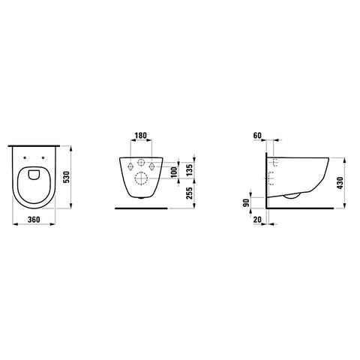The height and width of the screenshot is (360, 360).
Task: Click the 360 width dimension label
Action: (x=34, y=220)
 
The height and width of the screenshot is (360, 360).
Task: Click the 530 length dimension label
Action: (x=67, y=177)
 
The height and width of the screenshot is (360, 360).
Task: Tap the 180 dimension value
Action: (x=141, y=136)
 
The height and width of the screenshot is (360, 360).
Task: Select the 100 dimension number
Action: (x=174, y=172)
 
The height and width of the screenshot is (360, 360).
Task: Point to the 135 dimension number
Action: (x=190, y=170)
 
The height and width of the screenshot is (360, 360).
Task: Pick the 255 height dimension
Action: (x=190, y=193)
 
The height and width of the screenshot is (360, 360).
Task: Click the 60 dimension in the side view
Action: (x=257, y=136)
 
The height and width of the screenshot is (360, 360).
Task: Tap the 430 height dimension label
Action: (x=340, y=183)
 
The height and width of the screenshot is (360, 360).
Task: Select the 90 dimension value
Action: (x=247, y=202)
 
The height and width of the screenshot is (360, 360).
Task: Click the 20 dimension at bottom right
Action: (x=257, y=220)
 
